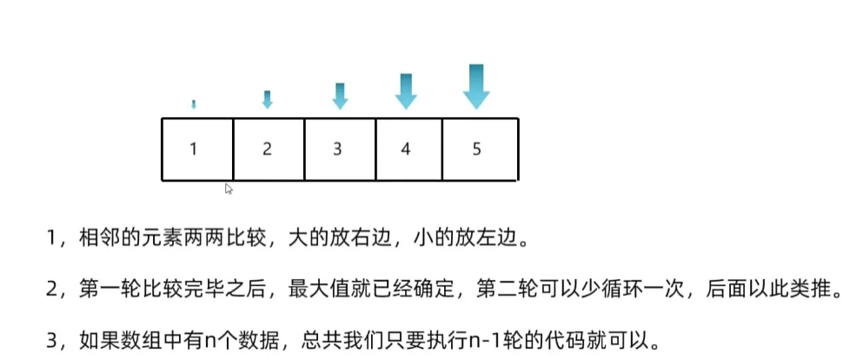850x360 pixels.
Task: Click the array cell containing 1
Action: (197, 149)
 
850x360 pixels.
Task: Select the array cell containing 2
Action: (269, 149)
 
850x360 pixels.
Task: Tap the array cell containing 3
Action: (339, 149)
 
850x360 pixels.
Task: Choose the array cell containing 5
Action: (480, 149)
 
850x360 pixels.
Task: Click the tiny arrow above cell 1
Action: (194, 104)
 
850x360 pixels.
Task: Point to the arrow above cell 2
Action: (267, 99)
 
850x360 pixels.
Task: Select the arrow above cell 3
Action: (340, 96)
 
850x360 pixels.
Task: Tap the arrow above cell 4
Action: (405, 90)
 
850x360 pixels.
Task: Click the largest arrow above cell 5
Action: (475, 86)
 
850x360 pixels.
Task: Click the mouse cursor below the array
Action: (229, 188)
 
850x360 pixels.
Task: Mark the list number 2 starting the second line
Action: (54, 288)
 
